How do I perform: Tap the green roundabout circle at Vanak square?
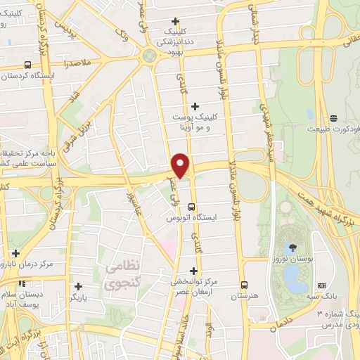(148, 56)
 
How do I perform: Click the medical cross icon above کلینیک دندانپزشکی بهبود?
(185, 20)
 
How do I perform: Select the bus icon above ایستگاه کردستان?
(27, 64)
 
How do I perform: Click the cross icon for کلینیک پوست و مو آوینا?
(195, 106)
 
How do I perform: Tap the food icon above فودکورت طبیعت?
(333, 117)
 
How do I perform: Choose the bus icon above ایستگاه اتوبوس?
(192, 205)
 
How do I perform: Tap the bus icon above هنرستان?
(244, 285)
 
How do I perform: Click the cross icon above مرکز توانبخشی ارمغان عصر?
(194, 270)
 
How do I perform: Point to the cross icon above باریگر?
(79, 285)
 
